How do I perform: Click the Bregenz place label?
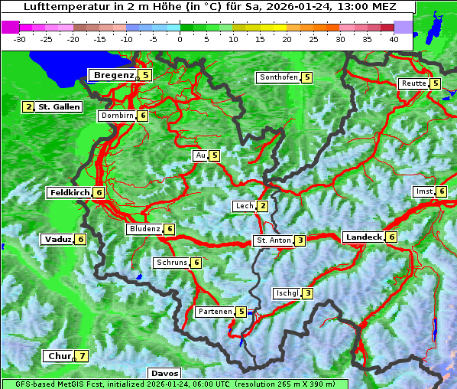coord(113,75)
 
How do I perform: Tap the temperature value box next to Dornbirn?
coord(142,116)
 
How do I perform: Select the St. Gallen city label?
coord(59,107)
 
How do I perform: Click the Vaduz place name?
coord(58,240)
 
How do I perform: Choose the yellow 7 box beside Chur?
coord(82,356)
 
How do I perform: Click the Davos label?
coord(164,374)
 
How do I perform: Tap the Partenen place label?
coord(214,312)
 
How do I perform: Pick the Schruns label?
coord(171,263)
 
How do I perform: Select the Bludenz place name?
coord(144,229)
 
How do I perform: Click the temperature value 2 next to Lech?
coord(262,206)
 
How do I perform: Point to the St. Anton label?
coord(273,240)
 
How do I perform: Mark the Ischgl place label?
coord(287,293)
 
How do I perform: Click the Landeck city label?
coord(363,237)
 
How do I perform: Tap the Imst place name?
coord(423,191)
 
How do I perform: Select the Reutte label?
coord(413,83)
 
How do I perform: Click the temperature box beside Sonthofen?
coord(306,77)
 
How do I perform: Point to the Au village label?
coord(200,155)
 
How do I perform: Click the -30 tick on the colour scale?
coord(20,38)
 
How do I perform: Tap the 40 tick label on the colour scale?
coord(394,38)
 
